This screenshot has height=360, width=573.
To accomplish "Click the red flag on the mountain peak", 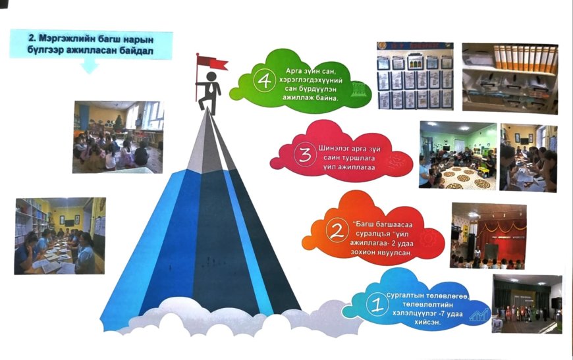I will click(x=215, y=63).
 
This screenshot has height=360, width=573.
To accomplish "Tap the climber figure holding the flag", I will click(x=211, y=86).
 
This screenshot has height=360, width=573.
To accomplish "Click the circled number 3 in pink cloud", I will click(x=304, y=157).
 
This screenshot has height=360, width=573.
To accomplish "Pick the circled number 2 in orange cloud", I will click(x=337, y=231).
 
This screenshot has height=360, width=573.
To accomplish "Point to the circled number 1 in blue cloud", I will click(x=377, y=305).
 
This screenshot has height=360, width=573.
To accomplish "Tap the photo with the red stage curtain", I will click(x=488, y=235).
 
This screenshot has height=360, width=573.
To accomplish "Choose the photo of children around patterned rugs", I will click(x=458, y=156).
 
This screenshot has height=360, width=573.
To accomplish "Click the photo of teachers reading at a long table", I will click(x=59, y=235).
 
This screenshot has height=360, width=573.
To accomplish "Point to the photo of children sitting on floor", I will click(x=118, y=136).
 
